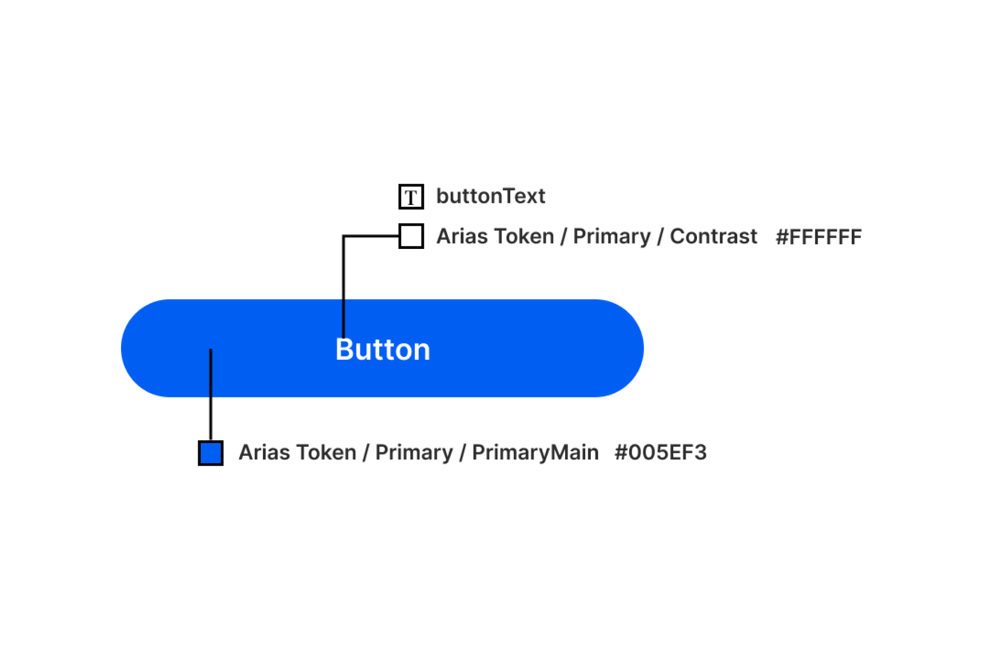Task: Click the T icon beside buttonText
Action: coord(411,197)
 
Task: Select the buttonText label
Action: coord(491,196)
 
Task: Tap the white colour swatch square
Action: coord(411,236)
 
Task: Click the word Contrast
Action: coord(713,236)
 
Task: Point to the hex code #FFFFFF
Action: coord(819,237)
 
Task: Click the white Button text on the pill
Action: coord(383,349)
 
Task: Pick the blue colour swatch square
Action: coord(211,453)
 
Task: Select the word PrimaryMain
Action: coord(535,453)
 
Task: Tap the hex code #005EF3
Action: coord(660,453)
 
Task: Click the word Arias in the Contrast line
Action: coord(462,236)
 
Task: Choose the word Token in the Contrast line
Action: coord(524,236)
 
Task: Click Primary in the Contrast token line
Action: coord(612,237)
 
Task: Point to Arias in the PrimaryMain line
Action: coord(264,453)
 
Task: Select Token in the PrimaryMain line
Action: coord(327,453)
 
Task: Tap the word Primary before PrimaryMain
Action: coord(414,453)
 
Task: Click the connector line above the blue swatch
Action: coord(211,394)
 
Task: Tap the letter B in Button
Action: coord(345,349)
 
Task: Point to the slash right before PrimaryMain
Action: coord(463,453)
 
